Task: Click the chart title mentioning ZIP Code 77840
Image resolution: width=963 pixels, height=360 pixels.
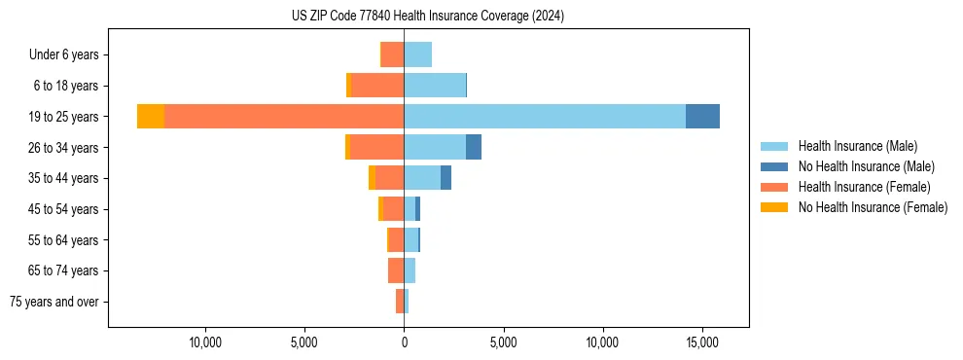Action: (x=427, y=17)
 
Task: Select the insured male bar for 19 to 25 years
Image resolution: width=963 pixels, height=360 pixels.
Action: (x=545, y=116)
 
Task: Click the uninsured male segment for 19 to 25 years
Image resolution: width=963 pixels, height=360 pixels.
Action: (x=702, y=116)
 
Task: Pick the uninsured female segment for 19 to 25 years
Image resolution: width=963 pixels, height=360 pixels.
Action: (x=151, y=116)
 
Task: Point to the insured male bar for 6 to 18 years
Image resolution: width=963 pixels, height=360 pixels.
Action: (x=435, y=86)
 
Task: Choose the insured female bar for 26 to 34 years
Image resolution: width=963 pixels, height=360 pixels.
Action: (x=377, y=147)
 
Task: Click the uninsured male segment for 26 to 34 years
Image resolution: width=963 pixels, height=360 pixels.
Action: (x=474, y=147)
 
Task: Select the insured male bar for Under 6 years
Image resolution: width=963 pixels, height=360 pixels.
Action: (x=418, y=54)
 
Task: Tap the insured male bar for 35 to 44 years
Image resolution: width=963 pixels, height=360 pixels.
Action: (x=422, y=178)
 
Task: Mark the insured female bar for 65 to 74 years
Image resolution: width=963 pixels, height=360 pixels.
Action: (x=396, y=270)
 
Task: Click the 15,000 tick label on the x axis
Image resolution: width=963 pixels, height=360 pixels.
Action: (x=702, y=343)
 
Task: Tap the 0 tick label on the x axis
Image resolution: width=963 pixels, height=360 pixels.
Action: (x=404, y=343)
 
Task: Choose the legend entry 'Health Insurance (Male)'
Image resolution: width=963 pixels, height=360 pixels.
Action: (x=857, y=146)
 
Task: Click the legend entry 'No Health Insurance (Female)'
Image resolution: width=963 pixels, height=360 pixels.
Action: (x=873, y=207)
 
